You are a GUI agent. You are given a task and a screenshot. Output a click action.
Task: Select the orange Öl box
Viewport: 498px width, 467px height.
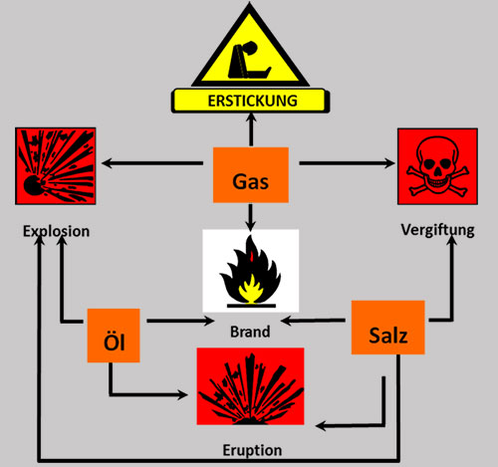click(x=112, y=336)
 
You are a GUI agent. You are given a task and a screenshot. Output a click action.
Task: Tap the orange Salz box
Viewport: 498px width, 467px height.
click(x=388, y=328)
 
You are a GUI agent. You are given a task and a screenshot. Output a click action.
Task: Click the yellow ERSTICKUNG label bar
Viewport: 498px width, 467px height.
click(x=249, y=100)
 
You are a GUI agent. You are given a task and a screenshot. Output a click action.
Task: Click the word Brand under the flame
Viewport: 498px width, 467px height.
click(x=248, y=330)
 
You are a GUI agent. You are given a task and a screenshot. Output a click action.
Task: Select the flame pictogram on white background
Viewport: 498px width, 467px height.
click(x=249, y=270)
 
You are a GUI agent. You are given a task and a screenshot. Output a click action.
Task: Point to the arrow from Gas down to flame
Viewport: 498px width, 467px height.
click(x=252, y=216)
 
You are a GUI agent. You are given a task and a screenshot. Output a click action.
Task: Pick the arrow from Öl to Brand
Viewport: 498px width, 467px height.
click(x=174, y=322)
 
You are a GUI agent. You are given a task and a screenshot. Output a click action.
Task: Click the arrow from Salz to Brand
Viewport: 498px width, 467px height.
click(x=316, y=321)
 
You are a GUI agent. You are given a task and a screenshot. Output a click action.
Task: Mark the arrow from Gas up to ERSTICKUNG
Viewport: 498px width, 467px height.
click(x=252, y=128)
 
